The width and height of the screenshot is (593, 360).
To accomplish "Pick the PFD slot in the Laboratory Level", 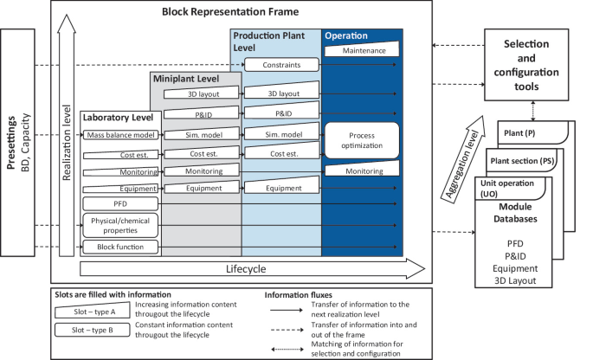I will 119,204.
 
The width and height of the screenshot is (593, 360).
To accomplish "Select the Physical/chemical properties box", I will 119,226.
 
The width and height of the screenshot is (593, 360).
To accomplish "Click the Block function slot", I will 119,247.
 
